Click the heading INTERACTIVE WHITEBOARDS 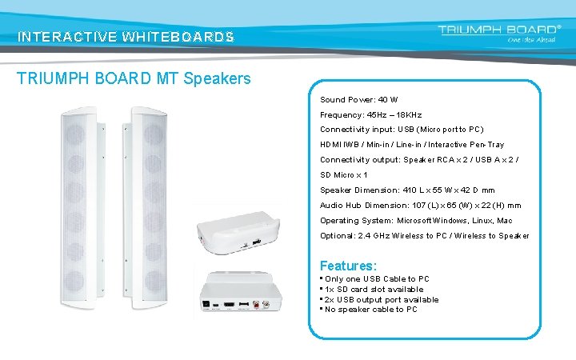pyautogui.click(x=126, y=37)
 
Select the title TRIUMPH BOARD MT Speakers pyautogui.click(x=134, y=78)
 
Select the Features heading pyautogui.click(x=348, y=265)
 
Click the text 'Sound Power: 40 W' pyautogui.click(x=358, y=100)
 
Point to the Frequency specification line pyautogui.click(x=370, y=114)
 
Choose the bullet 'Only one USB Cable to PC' pyautogui.click(x=377, y=279)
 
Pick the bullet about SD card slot pyautogui.click(x=374, y=290)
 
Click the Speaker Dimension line pyautogui.click(x=407, y=190)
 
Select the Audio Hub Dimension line pyautogui.click(x=420, y=206)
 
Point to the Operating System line pyautogui.click(x=416, y=221)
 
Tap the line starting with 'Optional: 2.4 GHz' pyautogui.click(x=424, y=236)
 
